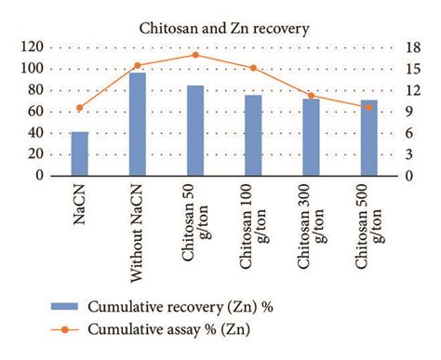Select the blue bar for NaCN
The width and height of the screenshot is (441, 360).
pos(80,153)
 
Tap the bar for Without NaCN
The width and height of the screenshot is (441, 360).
pos(138,124)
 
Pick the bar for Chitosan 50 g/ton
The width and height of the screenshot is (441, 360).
pos(195,130)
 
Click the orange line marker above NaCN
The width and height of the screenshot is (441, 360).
pos(80,108)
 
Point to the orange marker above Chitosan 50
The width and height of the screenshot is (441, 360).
pos(195,55)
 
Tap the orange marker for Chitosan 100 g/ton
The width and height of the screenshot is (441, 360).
pos(253,68)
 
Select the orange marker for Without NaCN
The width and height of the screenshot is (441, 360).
pos(138,66)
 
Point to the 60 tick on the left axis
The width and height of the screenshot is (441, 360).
pos(36,112)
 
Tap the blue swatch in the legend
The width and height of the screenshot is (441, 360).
pos(54,306)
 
